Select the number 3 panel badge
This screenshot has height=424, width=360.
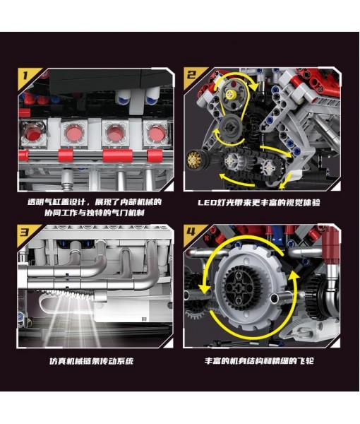tap(25, 232)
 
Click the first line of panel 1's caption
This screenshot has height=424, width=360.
tap(94, 202)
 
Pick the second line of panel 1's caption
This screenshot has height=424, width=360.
tap(94, 213)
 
